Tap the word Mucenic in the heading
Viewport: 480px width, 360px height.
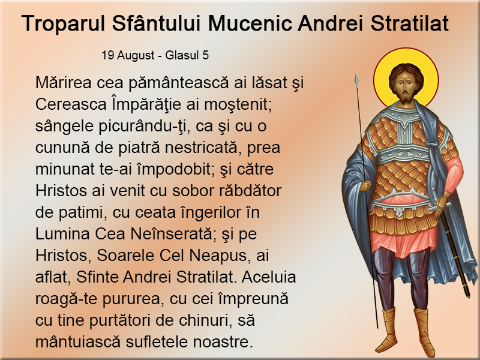pyautogui.click(x=250, y=23)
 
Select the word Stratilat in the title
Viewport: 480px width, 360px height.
pyautogui.click(x=410, y=23)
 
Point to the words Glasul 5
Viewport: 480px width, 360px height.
pyautogui.click(x=187, y=55)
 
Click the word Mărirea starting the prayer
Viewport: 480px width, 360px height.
pyautogui.click(x=64, y=83)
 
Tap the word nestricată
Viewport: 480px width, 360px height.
pyautogui.click(x=201, y=148)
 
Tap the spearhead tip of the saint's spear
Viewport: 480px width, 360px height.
pyautogui.click(x=356, y=73)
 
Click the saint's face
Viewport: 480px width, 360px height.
pyautogui.click(x=404, y=87)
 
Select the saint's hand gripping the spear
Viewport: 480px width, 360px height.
pyautogui.click(x=365, y=186)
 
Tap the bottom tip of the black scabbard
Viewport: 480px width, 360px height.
pyautogui.click(x=467, y=296)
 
